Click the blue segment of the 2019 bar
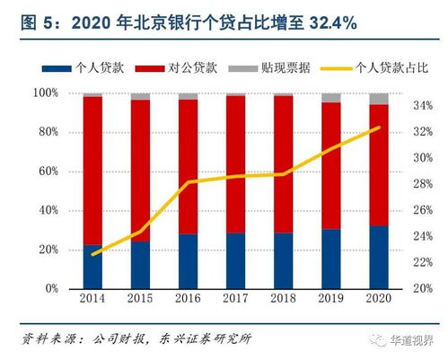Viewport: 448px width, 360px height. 330,259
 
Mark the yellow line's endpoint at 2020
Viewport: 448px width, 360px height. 378,127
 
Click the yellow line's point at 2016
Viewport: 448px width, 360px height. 188,182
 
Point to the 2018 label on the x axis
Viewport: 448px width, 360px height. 283,297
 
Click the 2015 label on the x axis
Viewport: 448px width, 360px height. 140,297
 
